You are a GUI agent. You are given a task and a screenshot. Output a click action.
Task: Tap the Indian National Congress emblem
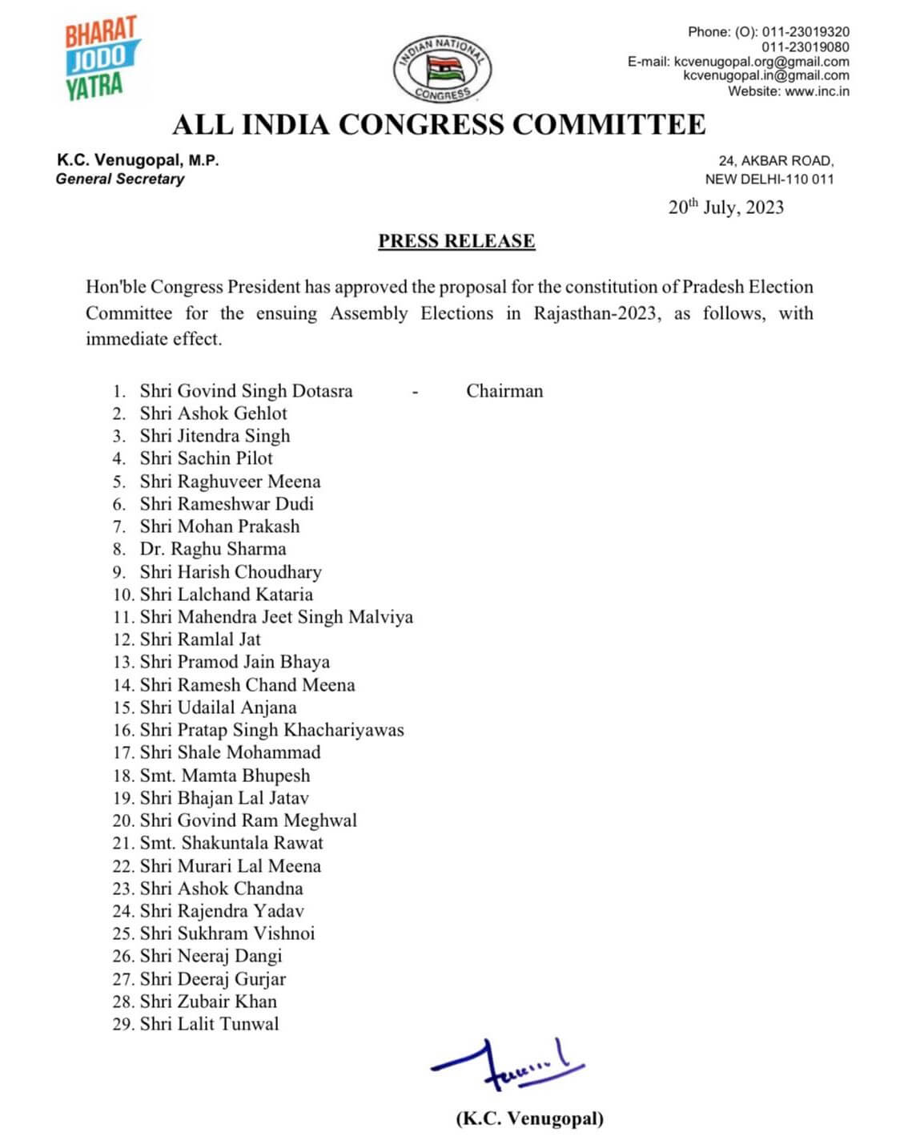pos(442,70)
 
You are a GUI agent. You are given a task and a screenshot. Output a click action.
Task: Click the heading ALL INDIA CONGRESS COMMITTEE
pos(439,125)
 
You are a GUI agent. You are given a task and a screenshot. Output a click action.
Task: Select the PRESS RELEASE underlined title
pos(456,241)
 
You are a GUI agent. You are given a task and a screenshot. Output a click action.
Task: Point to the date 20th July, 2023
pos(725,208)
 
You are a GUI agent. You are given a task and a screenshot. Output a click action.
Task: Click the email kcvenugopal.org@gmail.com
pos(761,62)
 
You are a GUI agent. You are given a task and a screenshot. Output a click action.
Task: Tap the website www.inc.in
pos(817,91)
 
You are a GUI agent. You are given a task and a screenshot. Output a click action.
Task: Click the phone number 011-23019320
pos(805,32)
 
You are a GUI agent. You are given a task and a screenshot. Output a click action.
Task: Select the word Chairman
pos(504,391)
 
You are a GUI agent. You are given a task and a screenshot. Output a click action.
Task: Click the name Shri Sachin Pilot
pos(206,458)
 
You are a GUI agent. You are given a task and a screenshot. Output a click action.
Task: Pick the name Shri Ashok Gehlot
pos(213,413)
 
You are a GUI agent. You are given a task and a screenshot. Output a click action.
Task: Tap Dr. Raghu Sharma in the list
pos(212,549)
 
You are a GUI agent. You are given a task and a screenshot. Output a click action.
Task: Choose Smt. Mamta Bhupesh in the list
pos(224,776)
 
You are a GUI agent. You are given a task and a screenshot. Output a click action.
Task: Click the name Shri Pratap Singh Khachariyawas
pos(271,730)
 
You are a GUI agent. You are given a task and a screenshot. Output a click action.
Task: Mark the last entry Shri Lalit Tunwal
pos(209,1024)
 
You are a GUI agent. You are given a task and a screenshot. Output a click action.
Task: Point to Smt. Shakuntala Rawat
pos(231,843)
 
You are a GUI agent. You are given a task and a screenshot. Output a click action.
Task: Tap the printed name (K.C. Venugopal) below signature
pos(529,1119)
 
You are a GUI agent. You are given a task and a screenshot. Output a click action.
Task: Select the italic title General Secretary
pos(120,179)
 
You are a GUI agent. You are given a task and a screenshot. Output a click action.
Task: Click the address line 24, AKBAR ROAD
pos(775,161)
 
